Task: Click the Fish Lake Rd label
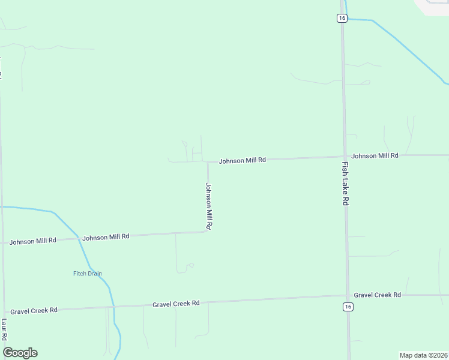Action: (345, 184)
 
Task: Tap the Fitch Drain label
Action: (88, 274)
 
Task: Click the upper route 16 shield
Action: (342, 18)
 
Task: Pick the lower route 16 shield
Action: (348, 307)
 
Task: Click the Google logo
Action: (20, 353)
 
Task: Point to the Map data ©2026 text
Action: (423, 355)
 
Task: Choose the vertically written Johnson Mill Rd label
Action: (209, 206)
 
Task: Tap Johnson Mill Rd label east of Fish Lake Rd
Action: (375, 155)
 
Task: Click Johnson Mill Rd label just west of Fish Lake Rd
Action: (242, 161)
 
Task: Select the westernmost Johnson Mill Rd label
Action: (32, 241)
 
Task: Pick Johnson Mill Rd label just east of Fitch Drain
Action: (106, 238)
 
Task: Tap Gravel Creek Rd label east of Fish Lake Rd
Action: (377, 295)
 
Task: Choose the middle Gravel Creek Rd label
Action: (176, 304)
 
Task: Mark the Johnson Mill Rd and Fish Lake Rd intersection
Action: (345, 157)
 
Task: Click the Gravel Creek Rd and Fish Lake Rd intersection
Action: (348, 295)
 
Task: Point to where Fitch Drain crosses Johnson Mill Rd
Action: (80, 239)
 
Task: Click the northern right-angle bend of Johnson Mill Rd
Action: (208, 162)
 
